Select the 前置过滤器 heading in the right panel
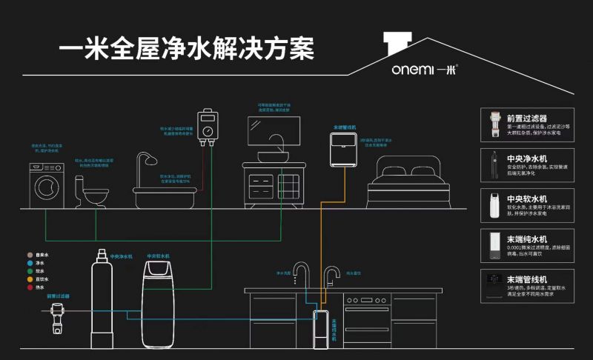(526, 118)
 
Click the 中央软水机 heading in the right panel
(527, 199)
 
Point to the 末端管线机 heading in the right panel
(527, 279)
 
